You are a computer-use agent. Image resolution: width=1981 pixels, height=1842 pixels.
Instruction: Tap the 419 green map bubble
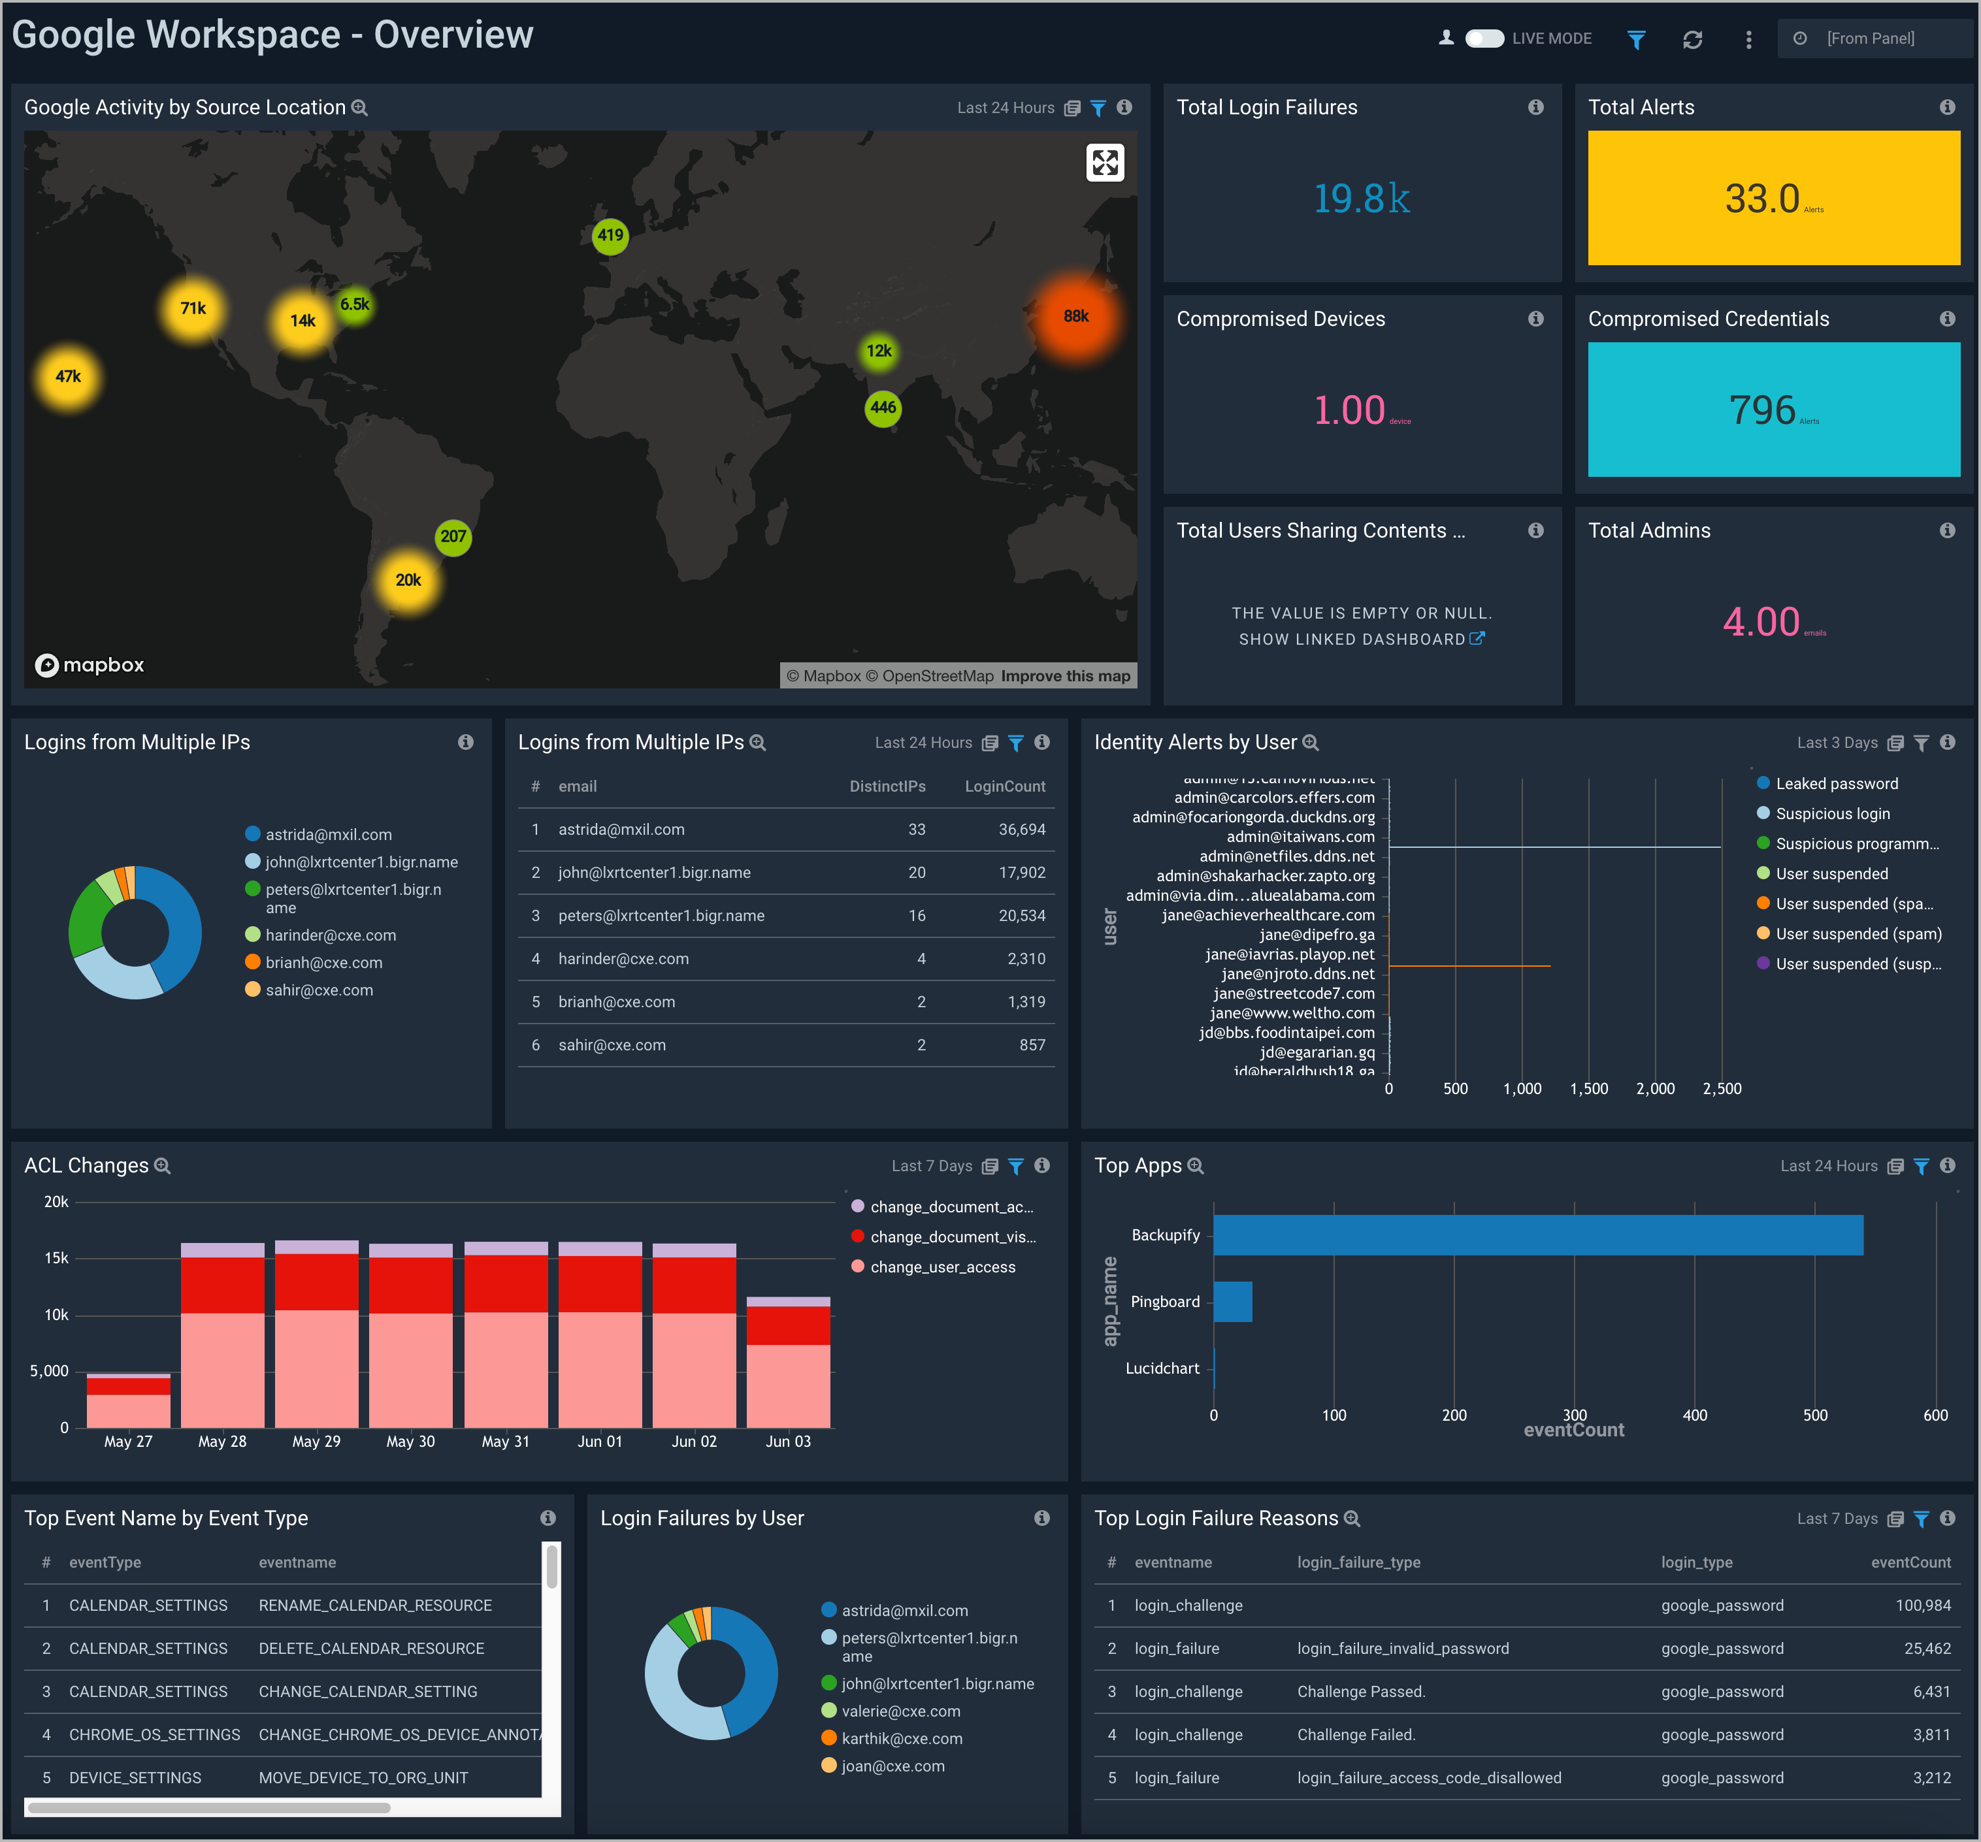pyautogui.click(x=610, y=235)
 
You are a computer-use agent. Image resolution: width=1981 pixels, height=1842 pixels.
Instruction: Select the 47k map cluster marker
pyautogui.click(x=68, y=377)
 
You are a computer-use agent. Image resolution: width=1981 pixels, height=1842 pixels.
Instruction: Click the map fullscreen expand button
pyautogui.click(x=1104, y=163)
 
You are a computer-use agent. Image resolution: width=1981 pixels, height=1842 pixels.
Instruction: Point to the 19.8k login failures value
pyautogui.click(x=1361, y=199)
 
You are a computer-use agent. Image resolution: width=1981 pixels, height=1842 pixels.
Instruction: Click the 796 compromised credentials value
pyautogui.click(x=1761, y=410)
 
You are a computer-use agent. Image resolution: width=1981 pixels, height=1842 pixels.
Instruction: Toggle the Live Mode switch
pyautogui.click(x=1484, y=38)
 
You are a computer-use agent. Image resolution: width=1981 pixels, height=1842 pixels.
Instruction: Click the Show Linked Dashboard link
pyautogui.click(x=1360, y=639)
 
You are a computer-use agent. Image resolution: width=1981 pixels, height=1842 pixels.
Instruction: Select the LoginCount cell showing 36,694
pyautogui.click(x=1021, y=829)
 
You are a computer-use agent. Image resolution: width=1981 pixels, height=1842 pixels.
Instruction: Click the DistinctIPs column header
pyautogui.click(x=887, y=786)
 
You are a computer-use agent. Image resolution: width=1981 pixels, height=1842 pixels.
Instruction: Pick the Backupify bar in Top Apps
pyautogui.click(x=1537, y=1235)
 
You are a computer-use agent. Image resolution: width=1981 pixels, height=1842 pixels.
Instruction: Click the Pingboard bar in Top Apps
pyautogui.click(x=1233, y=1301)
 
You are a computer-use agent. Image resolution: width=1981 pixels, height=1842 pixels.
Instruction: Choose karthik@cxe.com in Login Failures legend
pyautogui.click(x=901, y=1737)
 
